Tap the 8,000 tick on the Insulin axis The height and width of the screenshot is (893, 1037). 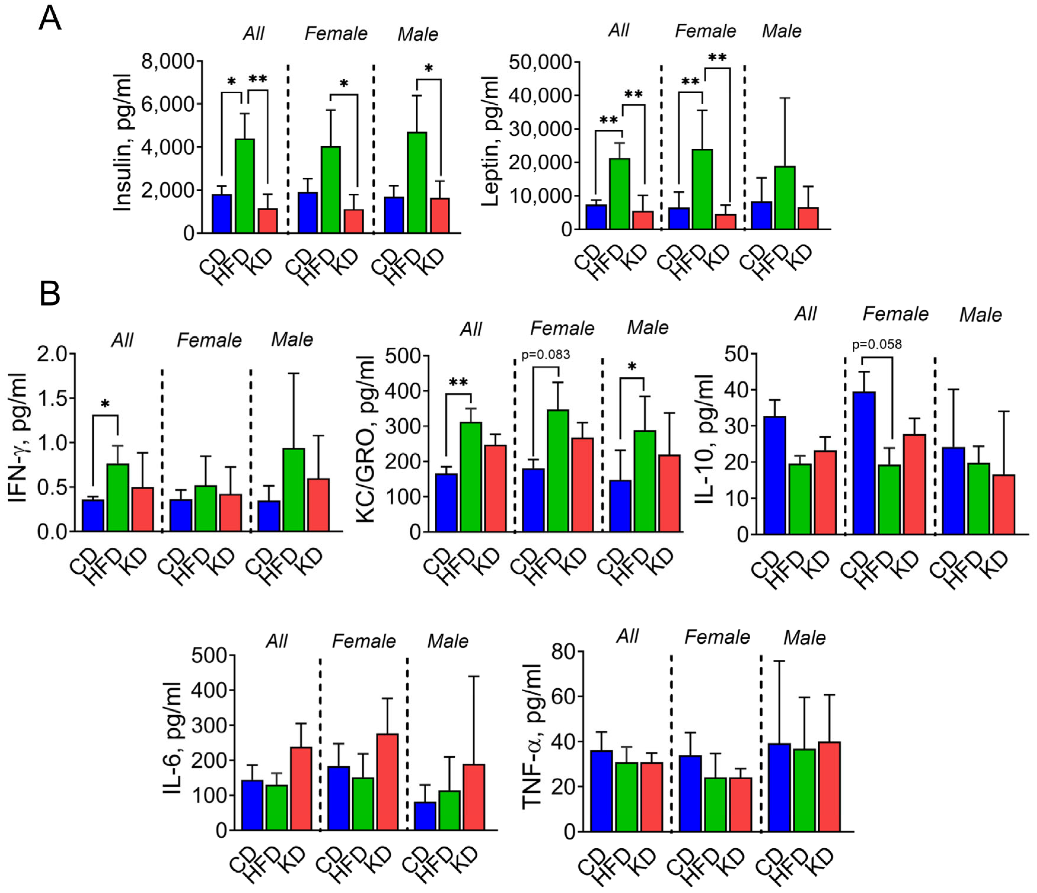coord(168,62)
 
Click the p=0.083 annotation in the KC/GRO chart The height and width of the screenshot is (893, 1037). coord(545,355)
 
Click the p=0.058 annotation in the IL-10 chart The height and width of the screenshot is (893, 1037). coord(877,344)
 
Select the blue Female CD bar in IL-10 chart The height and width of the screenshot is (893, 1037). coord(864,463)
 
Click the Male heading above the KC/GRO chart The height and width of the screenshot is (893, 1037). coord(648,328)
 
